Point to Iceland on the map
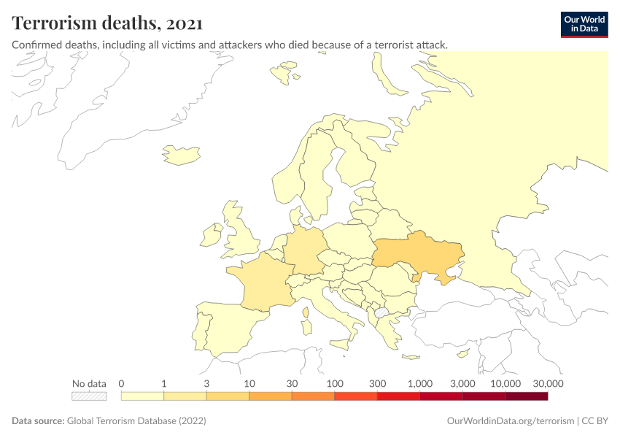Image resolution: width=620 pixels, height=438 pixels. (179, 154)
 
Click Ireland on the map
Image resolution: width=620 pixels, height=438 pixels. (212, 236)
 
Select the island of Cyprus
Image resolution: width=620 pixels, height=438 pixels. (462, 355)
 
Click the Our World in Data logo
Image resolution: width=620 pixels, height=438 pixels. (584, 24)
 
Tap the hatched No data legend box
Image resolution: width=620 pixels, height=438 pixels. (89, 396)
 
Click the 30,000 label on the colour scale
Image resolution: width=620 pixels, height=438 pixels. (548, 383)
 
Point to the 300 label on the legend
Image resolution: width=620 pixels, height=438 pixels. (377, 383)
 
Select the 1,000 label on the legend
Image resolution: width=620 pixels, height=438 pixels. (420, 383)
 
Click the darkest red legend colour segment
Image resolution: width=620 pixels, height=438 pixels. (526, 396)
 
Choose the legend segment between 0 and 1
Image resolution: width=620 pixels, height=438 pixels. (142, 396)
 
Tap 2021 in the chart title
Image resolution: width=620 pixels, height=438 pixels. (184, 23)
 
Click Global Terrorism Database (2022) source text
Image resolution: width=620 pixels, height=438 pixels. (136, 421)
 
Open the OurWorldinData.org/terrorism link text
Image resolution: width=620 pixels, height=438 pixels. (510, 421)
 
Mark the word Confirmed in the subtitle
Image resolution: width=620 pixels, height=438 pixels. (36, 45)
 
